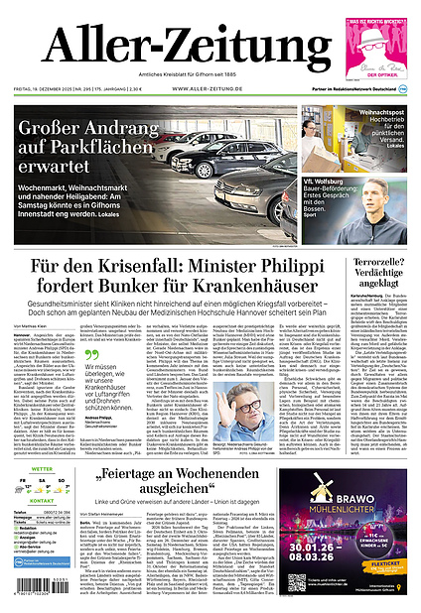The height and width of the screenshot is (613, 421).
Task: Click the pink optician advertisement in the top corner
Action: click(375, 46)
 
